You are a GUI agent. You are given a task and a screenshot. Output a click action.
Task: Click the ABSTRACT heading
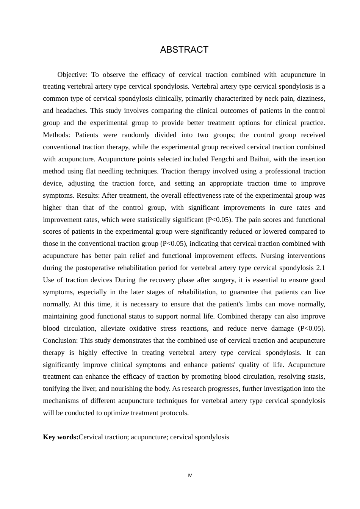[184, 50]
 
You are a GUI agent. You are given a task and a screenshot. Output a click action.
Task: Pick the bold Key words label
[61, 437]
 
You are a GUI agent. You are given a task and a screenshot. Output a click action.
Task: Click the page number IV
[189, 476]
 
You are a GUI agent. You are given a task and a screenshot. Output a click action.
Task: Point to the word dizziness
[310, 98]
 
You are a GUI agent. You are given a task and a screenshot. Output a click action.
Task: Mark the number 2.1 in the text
[320, 268]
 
